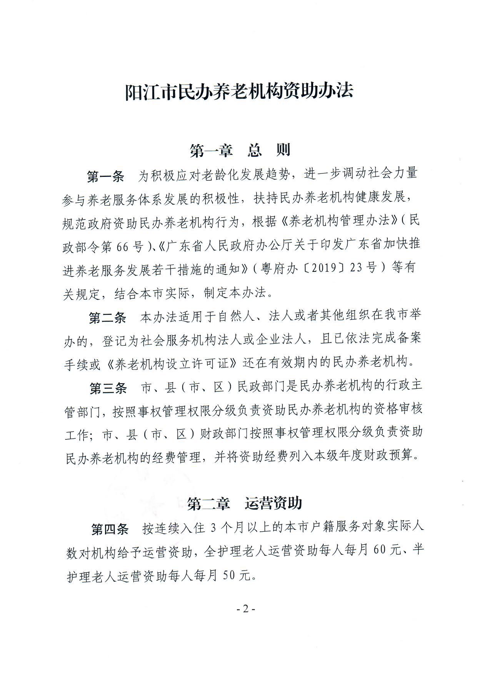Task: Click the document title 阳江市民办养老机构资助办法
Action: (239, 92)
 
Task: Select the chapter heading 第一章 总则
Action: (240, 150)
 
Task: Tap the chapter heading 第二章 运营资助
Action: (245, 503)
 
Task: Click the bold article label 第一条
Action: (106, 176)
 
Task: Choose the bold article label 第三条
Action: (108, 388)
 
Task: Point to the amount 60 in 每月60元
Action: (379, 550)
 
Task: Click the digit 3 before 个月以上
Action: (213, 528)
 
